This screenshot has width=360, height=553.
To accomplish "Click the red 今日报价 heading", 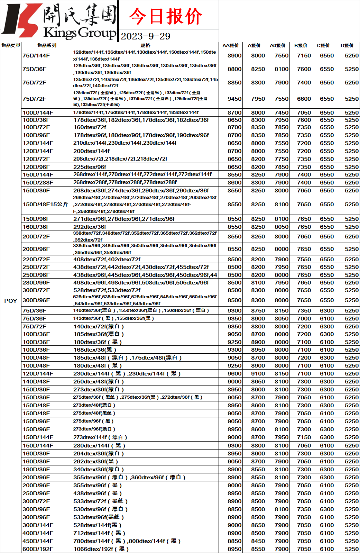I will point(165,16).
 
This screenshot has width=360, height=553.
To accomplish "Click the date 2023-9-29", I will point(146,36).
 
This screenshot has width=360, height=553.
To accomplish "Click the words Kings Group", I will point(80,33).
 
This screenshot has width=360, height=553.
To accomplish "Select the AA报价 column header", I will point(231,45).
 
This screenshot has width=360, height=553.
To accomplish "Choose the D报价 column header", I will point(347,45).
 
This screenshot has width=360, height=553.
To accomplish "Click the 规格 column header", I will point(145,45).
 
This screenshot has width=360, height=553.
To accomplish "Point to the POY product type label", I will point(11,301).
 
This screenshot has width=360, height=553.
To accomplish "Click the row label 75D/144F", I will point(36,56).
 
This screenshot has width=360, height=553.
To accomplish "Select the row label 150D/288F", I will point(38,182).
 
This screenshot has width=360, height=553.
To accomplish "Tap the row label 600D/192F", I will point(38,549).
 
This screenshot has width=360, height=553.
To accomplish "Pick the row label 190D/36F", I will point(36,469).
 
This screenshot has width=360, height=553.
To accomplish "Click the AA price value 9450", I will point(234,99).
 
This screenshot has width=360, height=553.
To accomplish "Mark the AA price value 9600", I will point(234,373).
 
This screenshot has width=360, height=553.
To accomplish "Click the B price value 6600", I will point(304,99).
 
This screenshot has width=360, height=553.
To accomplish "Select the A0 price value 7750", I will point(281,159).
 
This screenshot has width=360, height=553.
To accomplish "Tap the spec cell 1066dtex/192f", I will point(101,549).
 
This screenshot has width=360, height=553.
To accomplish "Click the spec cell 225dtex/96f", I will point(90,167).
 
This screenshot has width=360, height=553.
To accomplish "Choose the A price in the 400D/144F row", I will point(258,533).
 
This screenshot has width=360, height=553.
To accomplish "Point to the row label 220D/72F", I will point(36,259).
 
